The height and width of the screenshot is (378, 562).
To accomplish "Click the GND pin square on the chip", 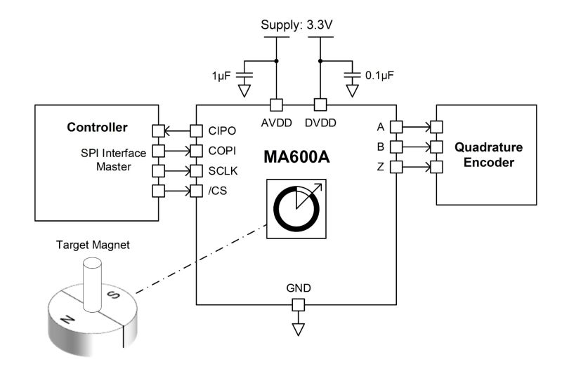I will click(x=298, y=305).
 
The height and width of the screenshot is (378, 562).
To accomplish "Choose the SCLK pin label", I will click(x=223, y=171).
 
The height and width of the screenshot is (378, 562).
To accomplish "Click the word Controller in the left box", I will click(x=97, y=128).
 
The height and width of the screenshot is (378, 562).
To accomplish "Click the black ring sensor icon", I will click(x=295, y=209).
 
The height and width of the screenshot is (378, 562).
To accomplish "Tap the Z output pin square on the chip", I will click(x=396, y=167).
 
